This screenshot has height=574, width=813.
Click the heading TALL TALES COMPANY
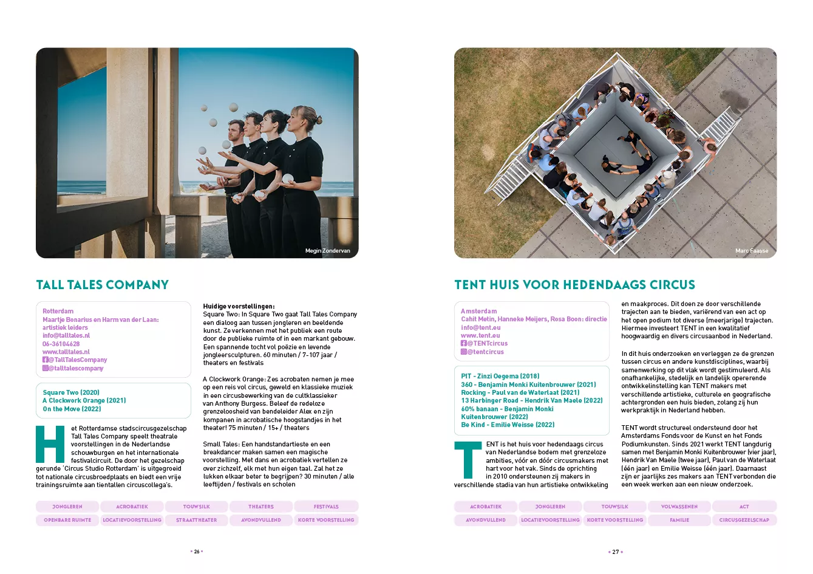click(102, 285)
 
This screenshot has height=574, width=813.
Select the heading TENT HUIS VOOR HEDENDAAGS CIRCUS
click(574, 285)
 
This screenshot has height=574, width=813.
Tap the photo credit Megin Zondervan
click(327, 251)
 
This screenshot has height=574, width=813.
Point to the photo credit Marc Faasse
click(751, 251)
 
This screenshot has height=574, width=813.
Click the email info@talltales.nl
click(66, 335)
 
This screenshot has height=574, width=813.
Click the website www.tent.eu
click(480, 335)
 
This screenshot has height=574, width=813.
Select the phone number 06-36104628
click(61, 344)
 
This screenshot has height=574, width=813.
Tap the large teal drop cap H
click(50, 445)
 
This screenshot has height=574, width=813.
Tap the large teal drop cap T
click(468, 460)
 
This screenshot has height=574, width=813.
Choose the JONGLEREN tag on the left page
click(67, 507)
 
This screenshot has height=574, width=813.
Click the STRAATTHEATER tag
click(196, 520)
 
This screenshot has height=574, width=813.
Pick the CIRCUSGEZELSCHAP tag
click(744, 520)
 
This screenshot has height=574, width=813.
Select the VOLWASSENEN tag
click(679, 507)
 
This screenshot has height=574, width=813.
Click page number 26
click(196, 552)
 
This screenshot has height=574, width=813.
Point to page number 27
click(615, 552)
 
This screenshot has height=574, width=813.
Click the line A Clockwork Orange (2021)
click(84, 400)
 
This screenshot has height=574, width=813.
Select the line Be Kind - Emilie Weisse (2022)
click(508, 425)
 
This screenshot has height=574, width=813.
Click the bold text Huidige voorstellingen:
click(239, 306)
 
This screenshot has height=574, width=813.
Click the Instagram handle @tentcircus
click(485, 352)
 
